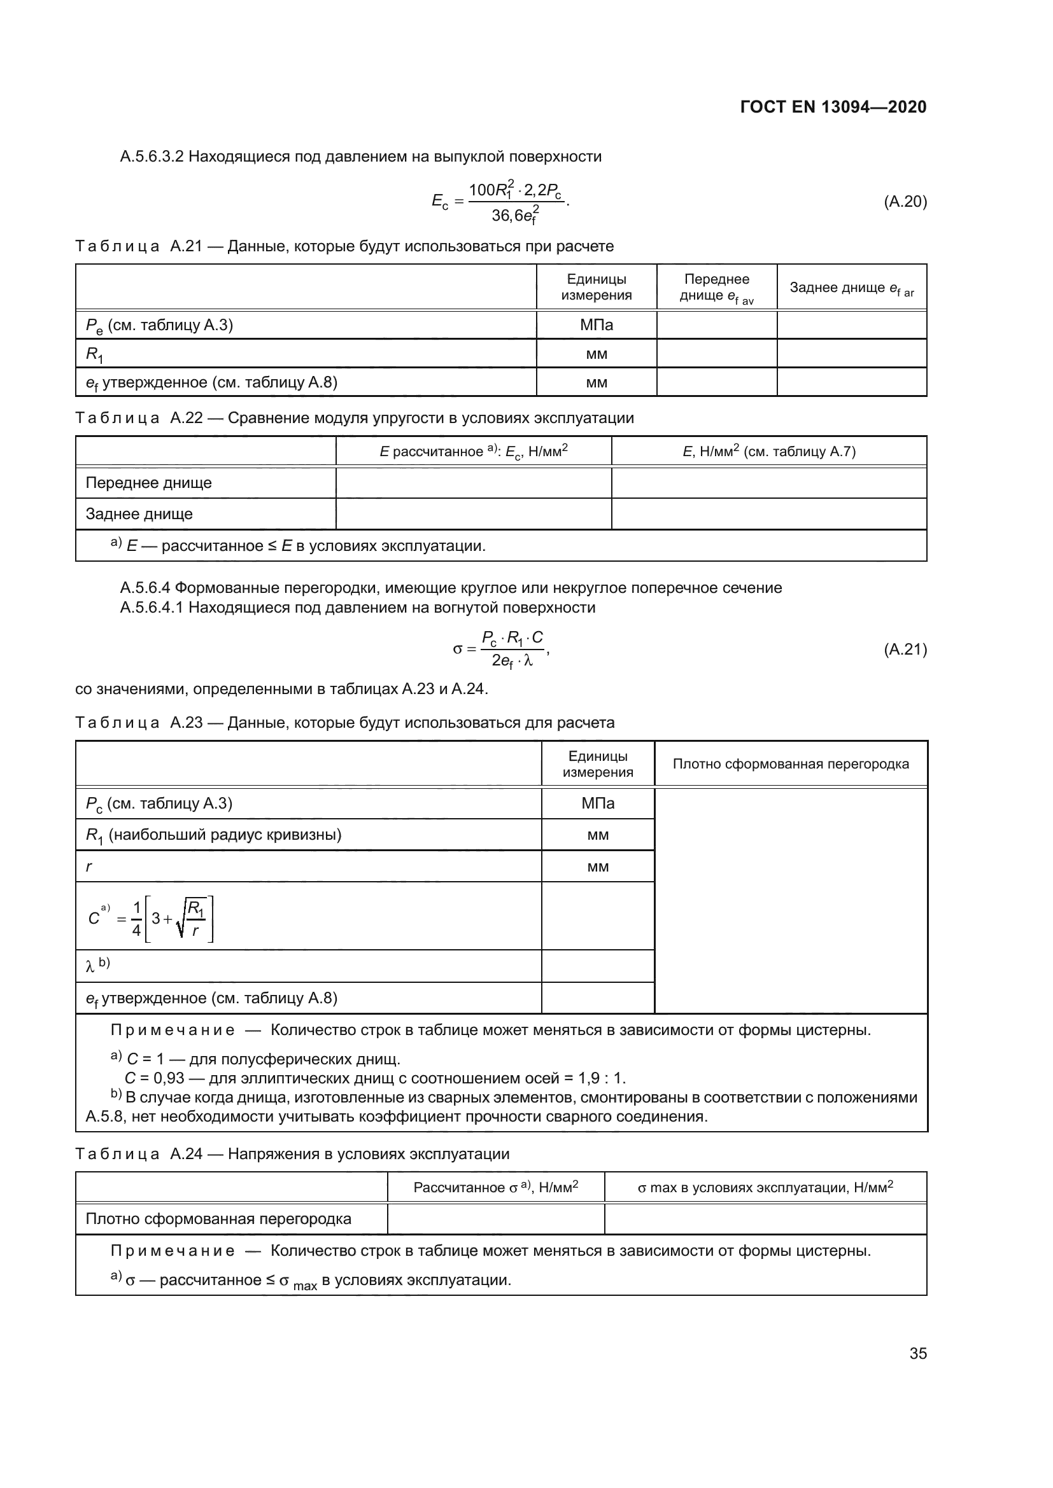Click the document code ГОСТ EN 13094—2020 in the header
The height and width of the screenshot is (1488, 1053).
833,107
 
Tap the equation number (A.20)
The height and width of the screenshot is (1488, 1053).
905,202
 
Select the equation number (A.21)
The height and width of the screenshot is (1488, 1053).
905,650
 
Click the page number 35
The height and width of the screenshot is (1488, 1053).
918,1353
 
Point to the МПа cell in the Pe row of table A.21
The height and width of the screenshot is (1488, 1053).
596,324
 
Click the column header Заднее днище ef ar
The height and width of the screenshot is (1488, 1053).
851,288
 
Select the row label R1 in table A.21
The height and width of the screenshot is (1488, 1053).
95,354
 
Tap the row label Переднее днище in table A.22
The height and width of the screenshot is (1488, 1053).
148,483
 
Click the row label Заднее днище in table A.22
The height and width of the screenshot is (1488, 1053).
139,514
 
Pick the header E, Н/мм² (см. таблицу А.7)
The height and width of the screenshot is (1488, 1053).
769,452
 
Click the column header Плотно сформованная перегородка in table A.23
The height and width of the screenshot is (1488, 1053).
791,764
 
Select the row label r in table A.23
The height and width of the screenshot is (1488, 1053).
89,866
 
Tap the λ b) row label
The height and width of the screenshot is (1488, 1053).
97,966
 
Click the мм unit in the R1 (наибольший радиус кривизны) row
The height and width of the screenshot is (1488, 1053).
597,835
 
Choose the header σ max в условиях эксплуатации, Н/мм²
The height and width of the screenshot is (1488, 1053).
765,1187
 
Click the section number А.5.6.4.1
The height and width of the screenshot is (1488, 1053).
152,608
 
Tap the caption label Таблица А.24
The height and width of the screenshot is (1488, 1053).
139,1153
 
